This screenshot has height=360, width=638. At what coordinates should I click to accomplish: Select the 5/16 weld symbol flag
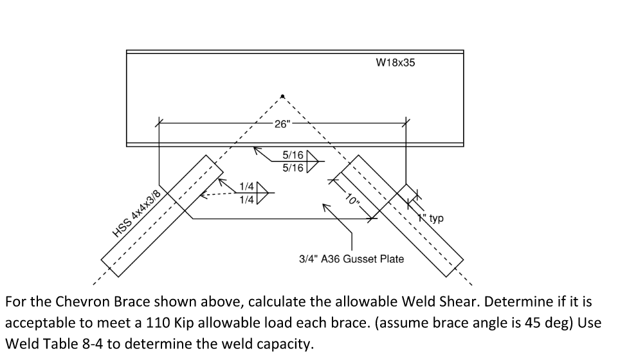(314, 162)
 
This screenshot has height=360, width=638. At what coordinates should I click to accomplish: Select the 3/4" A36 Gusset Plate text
(351, 259)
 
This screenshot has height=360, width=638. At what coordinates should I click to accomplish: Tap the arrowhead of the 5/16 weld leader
(255, 149)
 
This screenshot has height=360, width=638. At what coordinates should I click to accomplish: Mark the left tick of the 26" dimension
(159, 122)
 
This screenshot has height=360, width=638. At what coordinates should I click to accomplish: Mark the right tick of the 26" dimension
(405, 122)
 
